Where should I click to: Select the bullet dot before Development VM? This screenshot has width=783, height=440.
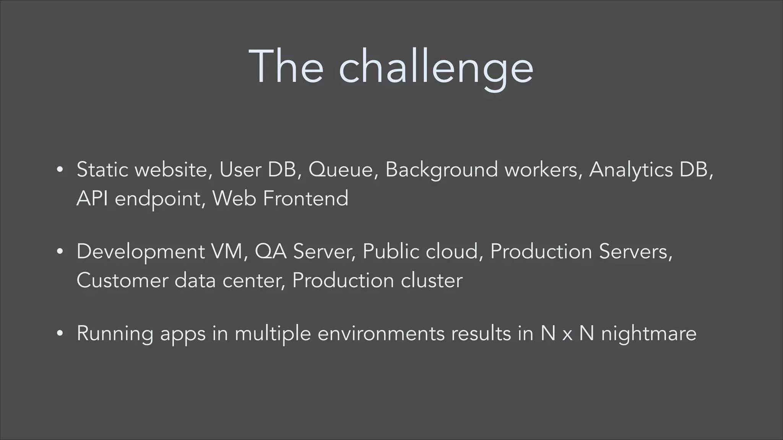click(x=59, y=252)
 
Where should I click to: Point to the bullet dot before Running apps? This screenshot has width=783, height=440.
click(x=59, y=333)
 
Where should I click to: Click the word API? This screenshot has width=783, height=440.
click(x=92, y=198)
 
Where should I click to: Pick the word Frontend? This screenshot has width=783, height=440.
click(x=305, y=198)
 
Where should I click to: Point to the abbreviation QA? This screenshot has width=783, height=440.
click(x=270, y=252)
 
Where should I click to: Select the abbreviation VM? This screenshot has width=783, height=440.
click(x=228, y=252)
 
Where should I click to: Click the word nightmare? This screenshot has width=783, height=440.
click(x=648, y=333)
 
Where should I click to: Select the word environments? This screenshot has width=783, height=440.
click(x=381, y=333)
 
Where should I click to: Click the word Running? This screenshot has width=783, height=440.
click(x=115, y=333)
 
